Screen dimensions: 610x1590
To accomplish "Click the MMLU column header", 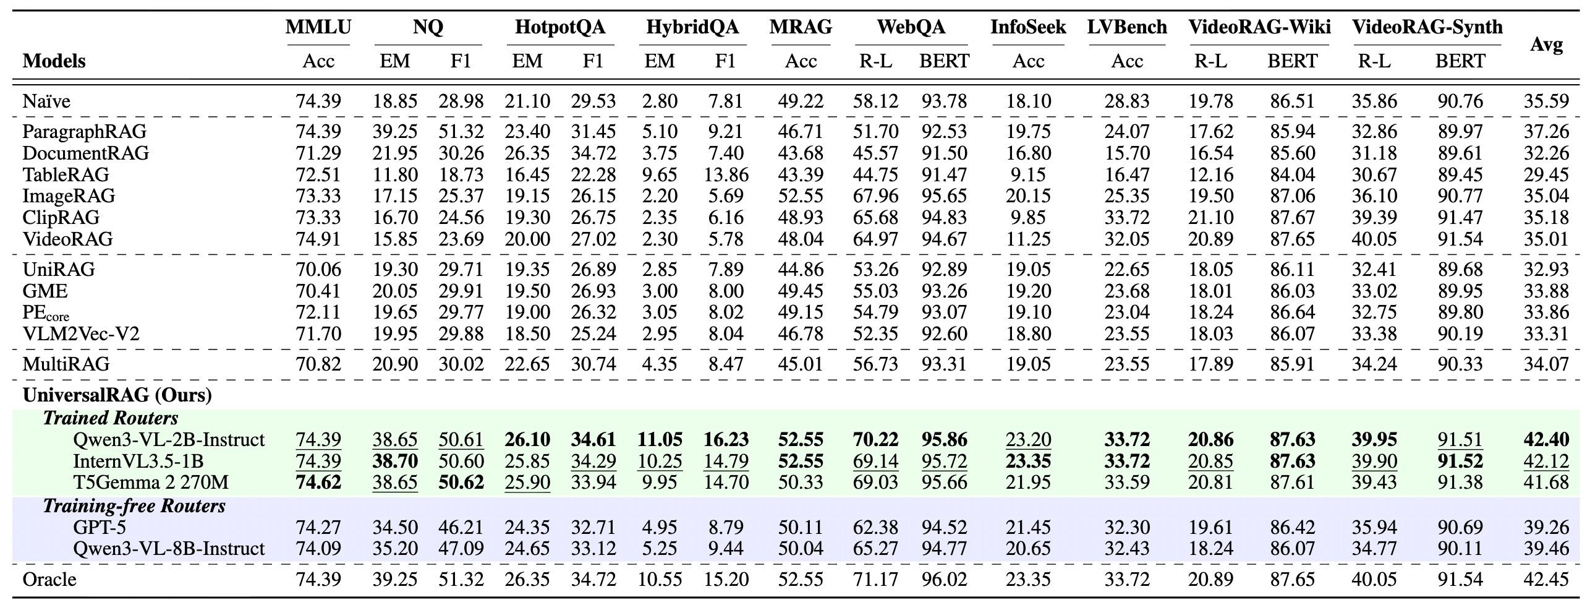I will [x=318, y=27].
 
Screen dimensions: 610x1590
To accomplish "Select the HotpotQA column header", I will [x=560, y=27].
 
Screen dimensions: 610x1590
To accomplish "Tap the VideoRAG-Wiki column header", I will [x=1259, y=27].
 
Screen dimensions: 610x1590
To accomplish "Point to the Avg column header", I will [x=1546, y=45].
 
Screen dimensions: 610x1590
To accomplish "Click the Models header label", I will [x=54, y=61].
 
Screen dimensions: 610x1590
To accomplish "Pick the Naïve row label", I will [x=46, y=101].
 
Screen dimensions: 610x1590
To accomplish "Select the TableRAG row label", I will [x=66, y=174].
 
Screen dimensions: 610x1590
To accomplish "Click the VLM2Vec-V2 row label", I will [x=81, y=334].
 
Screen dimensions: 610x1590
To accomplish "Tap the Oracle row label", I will [x=49, y=579].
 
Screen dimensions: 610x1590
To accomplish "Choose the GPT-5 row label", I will [x=100, y=527].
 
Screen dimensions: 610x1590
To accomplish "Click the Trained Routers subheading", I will [x=111, y=418].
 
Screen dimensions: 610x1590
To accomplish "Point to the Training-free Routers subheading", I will [x=134, y=506].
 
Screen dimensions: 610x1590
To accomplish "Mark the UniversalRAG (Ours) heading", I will [x=117, y=395].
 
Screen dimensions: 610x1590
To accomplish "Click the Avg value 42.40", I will [x=1546, y=440].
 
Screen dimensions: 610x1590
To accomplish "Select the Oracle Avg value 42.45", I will [x=1546, y=579].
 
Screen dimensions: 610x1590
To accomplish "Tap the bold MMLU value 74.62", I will [x=318, y=482].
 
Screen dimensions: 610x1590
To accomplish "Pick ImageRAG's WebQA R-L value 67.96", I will [x=875, y=196].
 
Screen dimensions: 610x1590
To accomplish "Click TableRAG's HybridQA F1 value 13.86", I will [x=726, y=174].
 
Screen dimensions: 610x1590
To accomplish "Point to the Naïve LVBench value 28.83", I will [x=1127, y=101].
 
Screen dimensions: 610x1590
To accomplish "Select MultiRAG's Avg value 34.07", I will [x=1546, y=364].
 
